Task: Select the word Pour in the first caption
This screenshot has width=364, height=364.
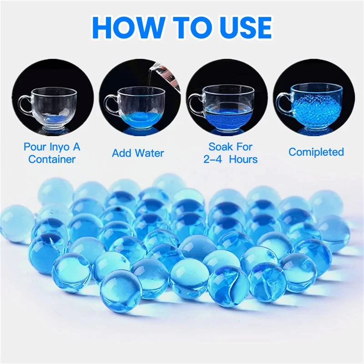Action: pyautogui.click(x=35, y=147)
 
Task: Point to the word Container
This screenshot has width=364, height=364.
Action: pyautogui.click(x=51, y=159)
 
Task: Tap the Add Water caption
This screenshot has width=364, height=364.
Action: pyautogui.click(x=138, y=153)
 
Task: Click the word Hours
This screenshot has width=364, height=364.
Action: pyautogui.click(x=243, y=159)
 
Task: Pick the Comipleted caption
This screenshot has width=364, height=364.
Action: pyautogui.click(x=316, y=152)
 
